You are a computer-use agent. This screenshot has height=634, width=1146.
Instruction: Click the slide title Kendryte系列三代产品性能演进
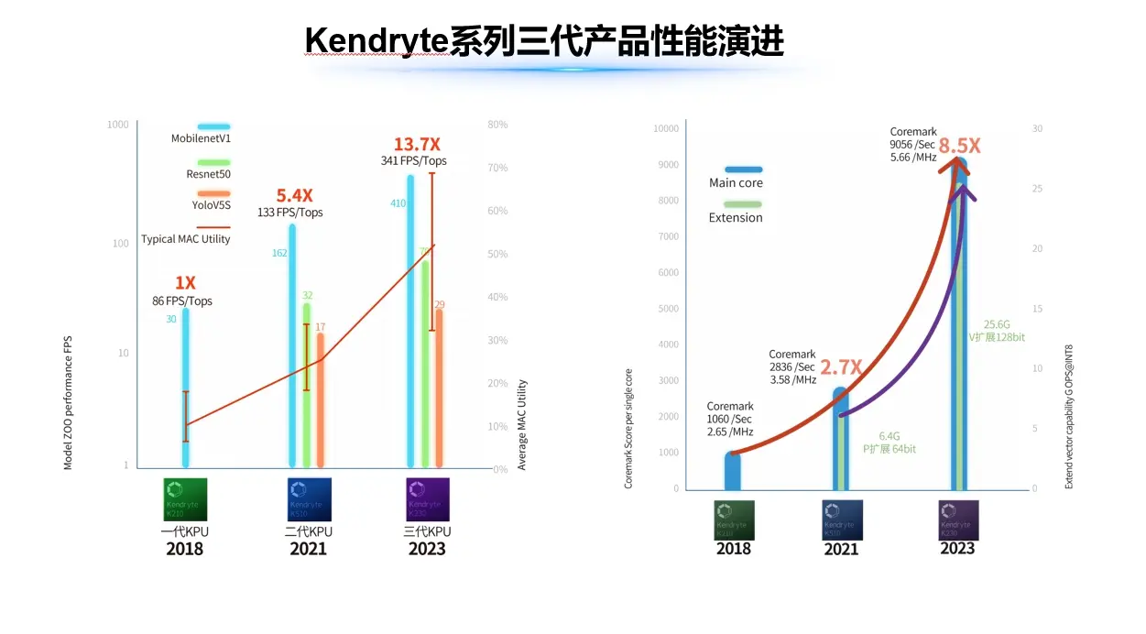tap(543, 40)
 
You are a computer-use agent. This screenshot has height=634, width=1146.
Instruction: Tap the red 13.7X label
tap(417, 145)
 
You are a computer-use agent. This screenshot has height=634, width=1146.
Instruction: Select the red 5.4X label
tap(295, 195)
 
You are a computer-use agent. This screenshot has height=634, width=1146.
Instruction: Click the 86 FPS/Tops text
tap(182, 301)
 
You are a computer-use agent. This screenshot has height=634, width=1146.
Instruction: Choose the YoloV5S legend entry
tap(212, 204)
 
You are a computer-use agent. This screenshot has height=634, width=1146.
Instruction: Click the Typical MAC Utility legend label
tap(186, 239)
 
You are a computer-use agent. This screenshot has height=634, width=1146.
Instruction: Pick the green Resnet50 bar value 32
tap(308, 295)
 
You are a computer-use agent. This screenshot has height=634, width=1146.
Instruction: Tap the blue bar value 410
tap(398, 203)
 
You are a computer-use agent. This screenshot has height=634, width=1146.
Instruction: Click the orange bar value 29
tap(440, 305)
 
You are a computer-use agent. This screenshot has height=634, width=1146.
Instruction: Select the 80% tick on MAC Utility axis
tap(497, 125)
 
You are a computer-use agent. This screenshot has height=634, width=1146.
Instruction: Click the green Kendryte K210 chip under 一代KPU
tap(185, 499)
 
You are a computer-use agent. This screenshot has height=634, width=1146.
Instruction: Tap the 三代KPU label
tap(427, 531)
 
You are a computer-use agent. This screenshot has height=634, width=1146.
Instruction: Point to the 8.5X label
tap(960, 146)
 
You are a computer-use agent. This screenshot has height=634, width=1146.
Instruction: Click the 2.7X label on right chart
tap(841, 367)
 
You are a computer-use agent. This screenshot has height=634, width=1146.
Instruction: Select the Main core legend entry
tap(736, 182)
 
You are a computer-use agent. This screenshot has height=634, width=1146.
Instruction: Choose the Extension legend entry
tap(736, 217)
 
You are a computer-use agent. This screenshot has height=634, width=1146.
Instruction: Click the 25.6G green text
tap(997, 324)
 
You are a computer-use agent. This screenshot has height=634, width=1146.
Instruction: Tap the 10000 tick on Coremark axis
tap(665, 128)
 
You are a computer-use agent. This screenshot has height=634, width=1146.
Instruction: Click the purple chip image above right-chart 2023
tap(958, 519)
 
